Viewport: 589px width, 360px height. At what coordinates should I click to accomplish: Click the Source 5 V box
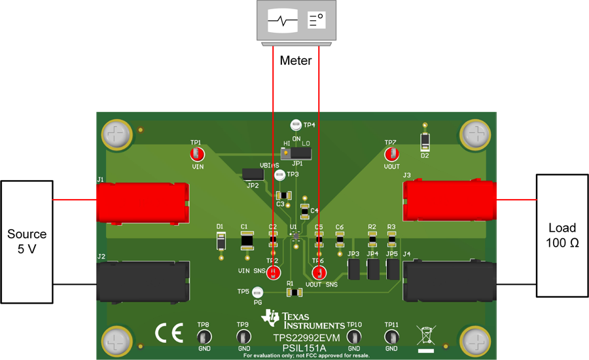pos(27,242)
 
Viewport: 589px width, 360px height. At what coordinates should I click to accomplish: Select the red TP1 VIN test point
pos(196,154)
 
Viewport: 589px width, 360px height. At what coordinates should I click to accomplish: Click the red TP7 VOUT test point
pos(391,154)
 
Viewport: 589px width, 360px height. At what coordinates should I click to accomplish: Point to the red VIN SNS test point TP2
pos(274,273)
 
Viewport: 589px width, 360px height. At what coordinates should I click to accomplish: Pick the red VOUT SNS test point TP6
pos(319,273)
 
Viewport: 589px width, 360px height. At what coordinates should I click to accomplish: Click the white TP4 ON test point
pos(295,124)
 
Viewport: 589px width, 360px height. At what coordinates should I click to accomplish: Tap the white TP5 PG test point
pos(258,292)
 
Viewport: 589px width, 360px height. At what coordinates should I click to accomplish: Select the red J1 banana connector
pos(143,202)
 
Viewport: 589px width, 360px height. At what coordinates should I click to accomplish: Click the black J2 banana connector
pos(143,281)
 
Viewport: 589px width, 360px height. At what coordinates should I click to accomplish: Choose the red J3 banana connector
pos(449,200)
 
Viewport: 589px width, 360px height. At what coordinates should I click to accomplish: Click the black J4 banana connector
pos(449,281)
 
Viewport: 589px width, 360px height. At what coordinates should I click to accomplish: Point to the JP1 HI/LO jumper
pos(296,153)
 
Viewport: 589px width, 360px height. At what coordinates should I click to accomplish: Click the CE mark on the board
pos(169,334)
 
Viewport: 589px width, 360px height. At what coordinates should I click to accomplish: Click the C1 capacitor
pos(247,241)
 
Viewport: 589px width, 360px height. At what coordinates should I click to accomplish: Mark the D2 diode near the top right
pos(425,141)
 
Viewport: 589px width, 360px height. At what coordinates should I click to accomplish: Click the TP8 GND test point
pos(204,337)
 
